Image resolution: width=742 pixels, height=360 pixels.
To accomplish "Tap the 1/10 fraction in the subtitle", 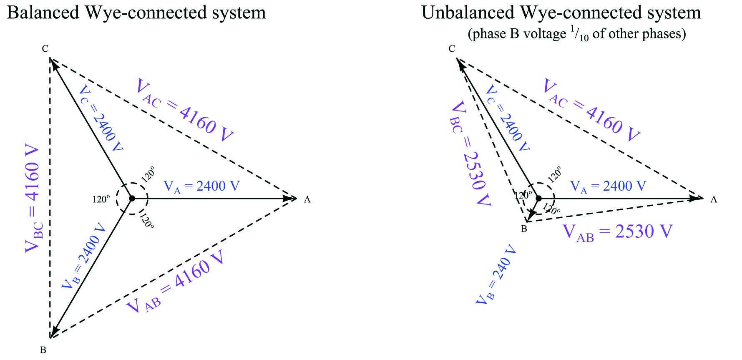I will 579,35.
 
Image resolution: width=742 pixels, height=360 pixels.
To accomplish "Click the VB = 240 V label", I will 496,274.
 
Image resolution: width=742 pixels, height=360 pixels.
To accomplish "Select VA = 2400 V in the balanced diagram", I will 201,186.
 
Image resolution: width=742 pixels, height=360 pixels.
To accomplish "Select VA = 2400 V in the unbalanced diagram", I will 608,186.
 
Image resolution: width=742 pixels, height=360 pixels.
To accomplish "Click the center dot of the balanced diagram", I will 132,199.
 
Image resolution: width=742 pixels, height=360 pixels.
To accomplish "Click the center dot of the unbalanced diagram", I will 538,199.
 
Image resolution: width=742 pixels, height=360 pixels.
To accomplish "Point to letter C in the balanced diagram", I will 45,49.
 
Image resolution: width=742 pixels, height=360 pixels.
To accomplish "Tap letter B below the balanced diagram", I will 43,350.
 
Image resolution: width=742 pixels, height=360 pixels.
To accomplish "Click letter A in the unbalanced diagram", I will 714,200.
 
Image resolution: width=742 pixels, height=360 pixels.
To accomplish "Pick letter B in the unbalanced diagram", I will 524,229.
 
